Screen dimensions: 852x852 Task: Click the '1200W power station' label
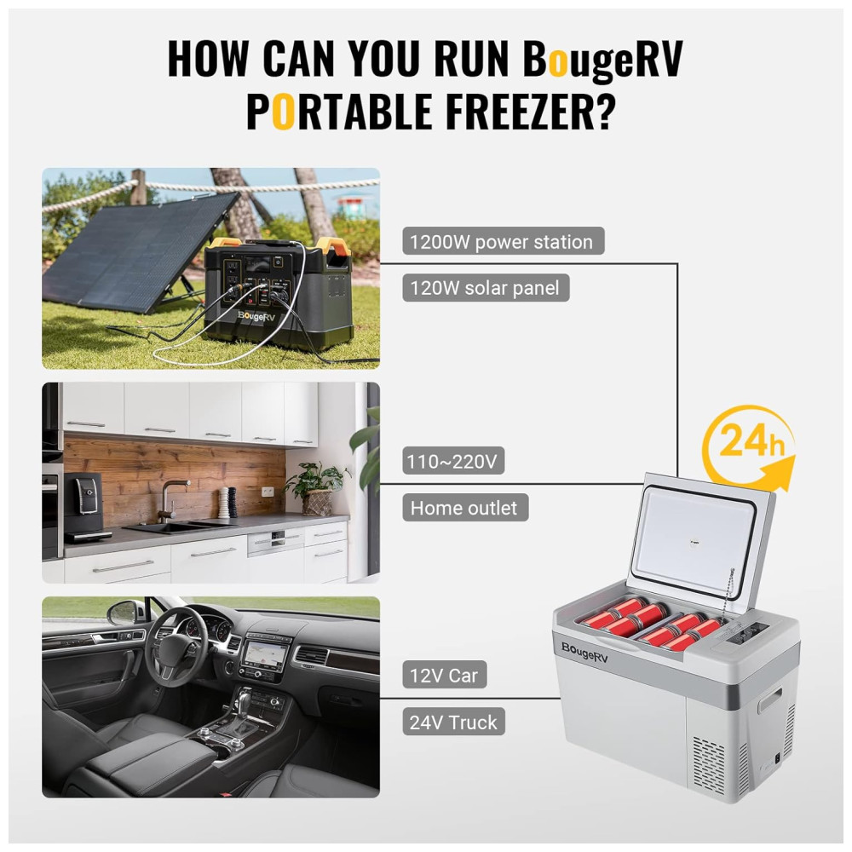pyautogui.click(x=504, y=241)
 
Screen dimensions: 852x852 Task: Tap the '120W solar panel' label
pyautogui.click(x=486, y=287)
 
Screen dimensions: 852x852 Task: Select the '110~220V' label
pyautogui.click(x=453, y=461)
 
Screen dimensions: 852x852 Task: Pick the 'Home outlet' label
pyautogui.click(x=465, y=508)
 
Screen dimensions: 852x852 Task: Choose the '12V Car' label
pyautogui.click(x=445, y=675)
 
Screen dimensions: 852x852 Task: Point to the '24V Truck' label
pyautogui.click(x=454, y=722)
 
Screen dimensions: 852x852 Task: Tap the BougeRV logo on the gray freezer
pyautogui.click(x=584, y=653)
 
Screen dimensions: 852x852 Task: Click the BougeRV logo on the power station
pyautogui.click(x=256, y=316)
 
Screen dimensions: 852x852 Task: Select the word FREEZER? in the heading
pyautogui.click(x=531, y=111)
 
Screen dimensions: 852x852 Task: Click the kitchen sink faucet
pyautogui.click(x=172, y=498)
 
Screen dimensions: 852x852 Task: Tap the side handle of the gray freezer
pyautogui.click(x=770, y=699)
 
